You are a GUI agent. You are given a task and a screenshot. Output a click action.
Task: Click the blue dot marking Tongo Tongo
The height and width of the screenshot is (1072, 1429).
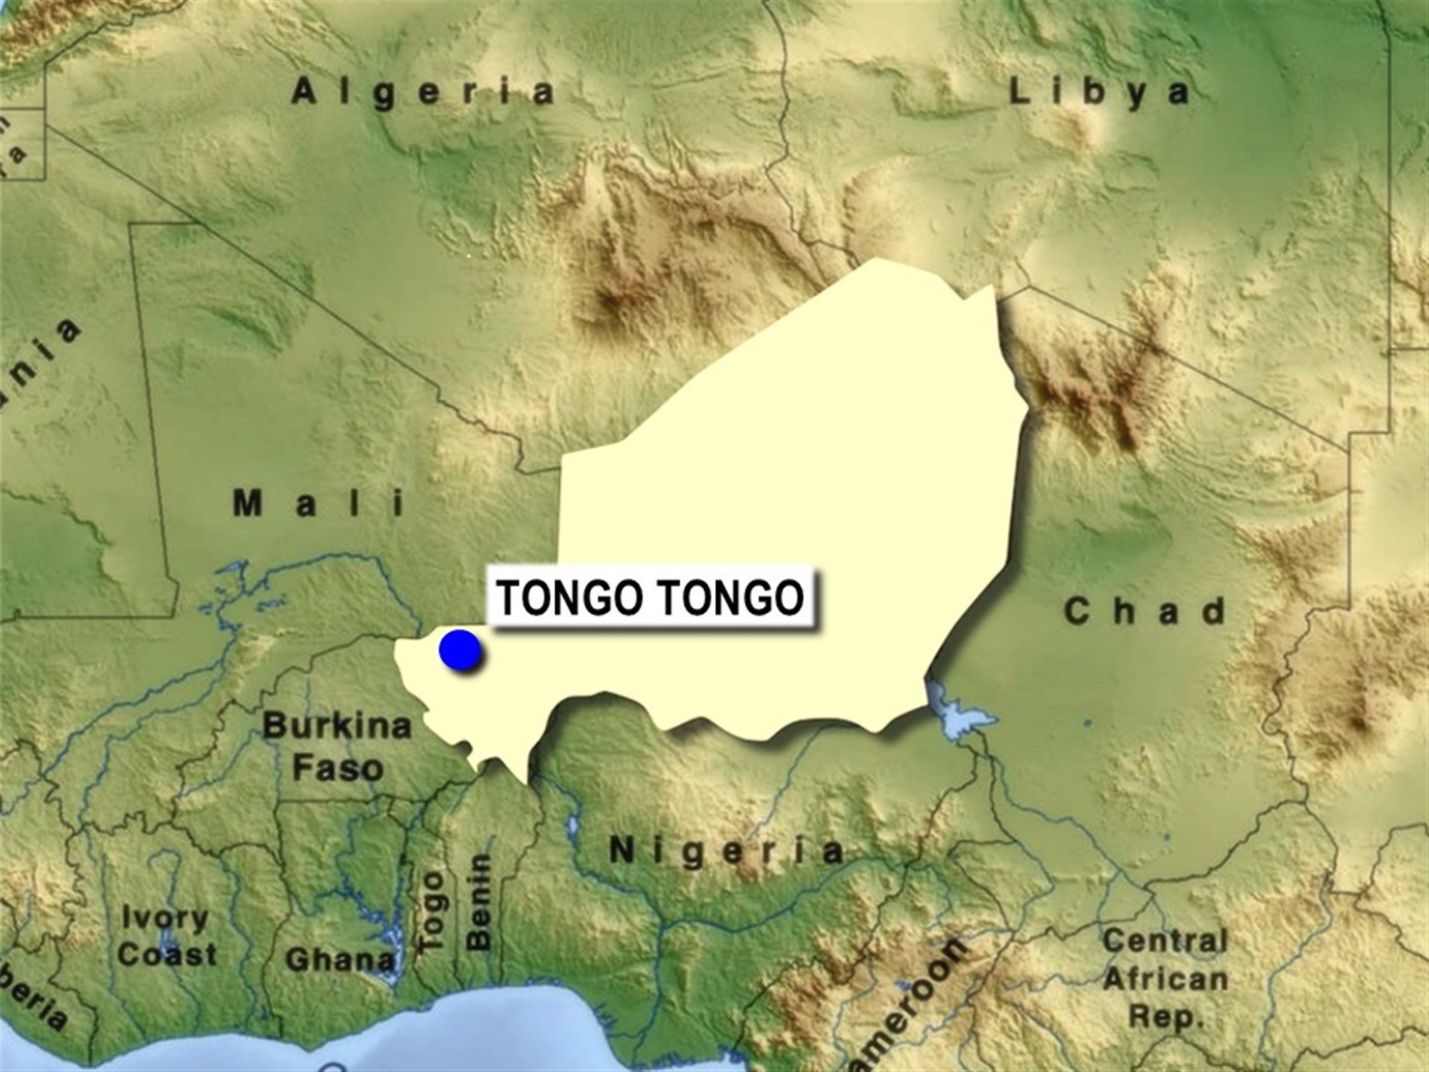pyautogui.click(x=461, y=650)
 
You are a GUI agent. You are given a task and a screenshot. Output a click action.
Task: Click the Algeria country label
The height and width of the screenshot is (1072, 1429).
pyautogui.click(x=423, y=94)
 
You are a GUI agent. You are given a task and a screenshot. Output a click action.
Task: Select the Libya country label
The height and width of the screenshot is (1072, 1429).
pyautogui.click(x=1099, y=93)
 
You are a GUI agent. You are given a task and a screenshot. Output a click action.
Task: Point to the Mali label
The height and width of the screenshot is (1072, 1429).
pyautogui.click(x=319, y=505)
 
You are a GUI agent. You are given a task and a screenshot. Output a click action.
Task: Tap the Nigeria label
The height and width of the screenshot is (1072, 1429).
pyautogui.click(x=726, y=852)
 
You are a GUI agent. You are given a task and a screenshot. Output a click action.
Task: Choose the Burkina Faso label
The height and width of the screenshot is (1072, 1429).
pyautogui.click(x=337, y=748)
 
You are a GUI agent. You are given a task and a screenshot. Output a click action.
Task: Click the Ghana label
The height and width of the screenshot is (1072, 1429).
pyautogui.click(x=340, y=960)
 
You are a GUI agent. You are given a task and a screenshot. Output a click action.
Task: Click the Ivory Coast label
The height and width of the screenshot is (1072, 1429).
pyautogui.click(x=166, y=936)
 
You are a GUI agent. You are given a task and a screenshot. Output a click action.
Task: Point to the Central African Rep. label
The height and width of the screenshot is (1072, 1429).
pyautogui.click(x=1165, y=978)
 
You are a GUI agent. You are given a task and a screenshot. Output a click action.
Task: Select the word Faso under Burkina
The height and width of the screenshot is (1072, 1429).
pyautogui.click(x=337, y=769)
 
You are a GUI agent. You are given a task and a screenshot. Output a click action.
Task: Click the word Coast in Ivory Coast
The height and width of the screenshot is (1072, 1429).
pyautogui.click(x=167, y=956)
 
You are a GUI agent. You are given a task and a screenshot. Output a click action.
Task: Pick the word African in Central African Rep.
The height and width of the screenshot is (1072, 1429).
pyautogui.click(x=1165, y=979)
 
